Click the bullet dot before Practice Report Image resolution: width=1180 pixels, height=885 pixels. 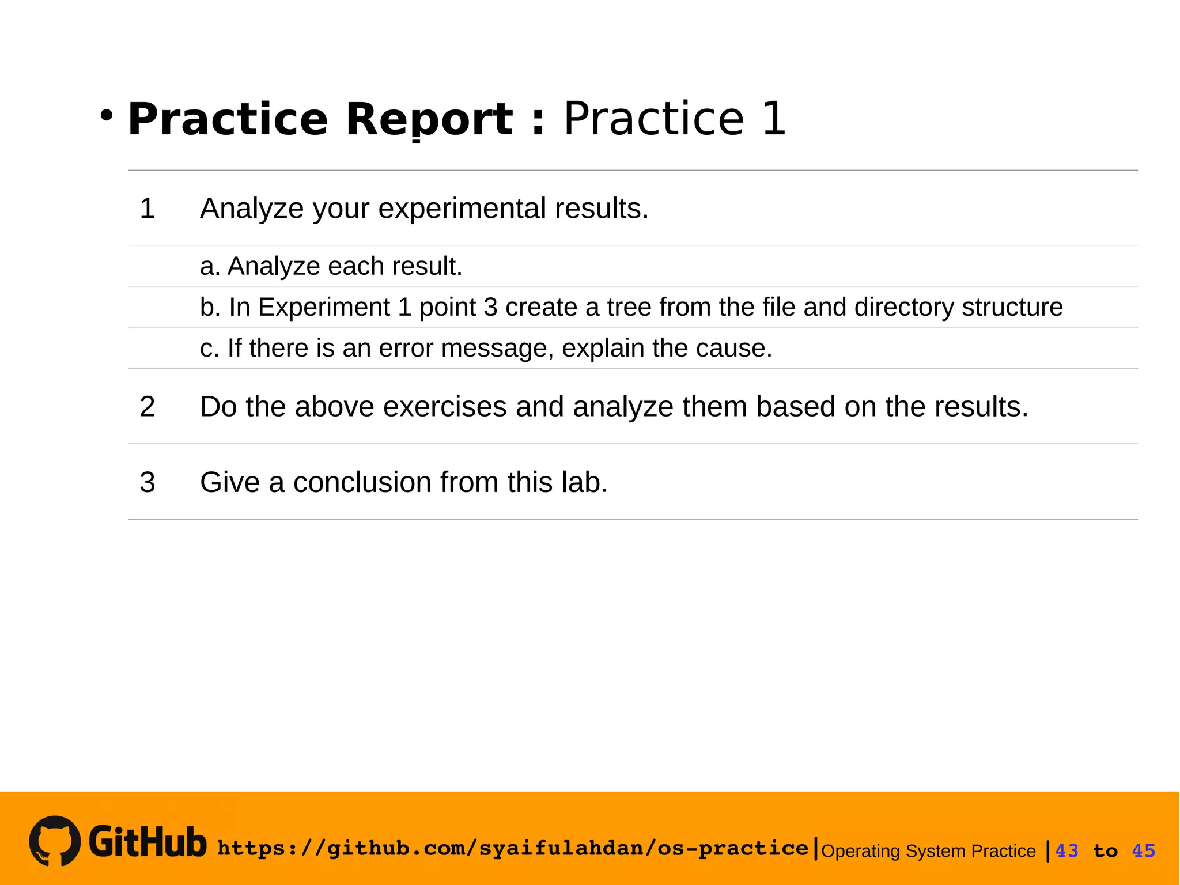coord(106,115)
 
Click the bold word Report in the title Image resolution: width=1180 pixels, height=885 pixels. coord(429,119)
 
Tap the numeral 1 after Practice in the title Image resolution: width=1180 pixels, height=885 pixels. coord(773,119)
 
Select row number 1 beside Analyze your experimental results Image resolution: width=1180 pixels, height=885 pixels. coord(147,208)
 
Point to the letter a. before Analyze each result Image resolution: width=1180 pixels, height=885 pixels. coord(210,266)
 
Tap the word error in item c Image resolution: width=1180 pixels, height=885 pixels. coord(406,348)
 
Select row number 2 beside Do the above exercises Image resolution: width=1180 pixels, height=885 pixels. coord(147,407)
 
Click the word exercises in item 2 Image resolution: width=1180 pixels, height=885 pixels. coord(445,407)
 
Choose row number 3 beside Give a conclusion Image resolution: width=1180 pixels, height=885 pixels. coord(147,482)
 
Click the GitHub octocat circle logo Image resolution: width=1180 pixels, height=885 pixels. coord(55,841)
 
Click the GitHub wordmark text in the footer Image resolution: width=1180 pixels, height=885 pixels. coord(147,842)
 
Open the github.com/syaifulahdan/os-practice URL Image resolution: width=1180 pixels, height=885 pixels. coord(513,848)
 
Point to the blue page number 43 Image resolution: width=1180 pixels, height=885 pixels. coord(1066,851)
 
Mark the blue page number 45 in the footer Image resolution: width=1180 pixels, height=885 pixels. coord(1144,851)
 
